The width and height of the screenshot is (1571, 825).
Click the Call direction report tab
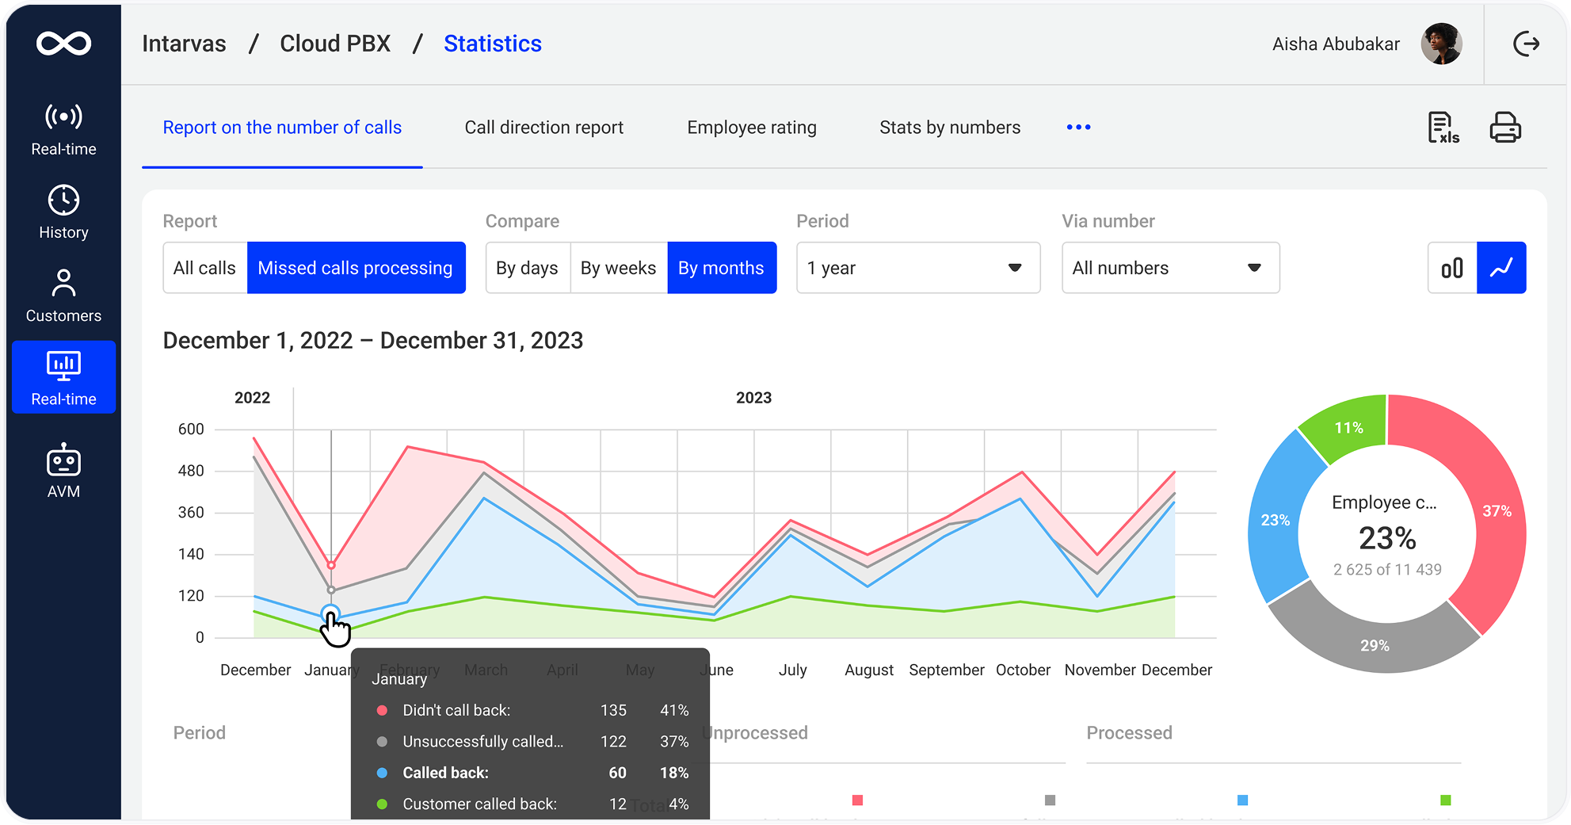[543, 128]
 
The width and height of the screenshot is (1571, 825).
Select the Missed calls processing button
[355, 268]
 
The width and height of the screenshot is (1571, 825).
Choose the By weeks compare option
[618, 268]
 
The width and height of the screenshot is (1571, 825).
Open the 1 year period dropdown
[917, 268]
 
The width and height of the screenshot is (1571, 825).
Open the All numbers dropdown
[1169, 268]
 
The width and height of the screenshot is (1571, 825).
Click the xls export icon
[1443, 128]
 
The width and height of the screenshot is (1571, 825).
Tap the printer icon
[1504, 128]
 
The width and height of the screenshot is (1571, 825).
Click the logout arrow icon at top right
[1526, 44]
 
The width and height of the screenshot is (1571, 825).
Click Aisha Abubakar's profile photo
[1441, 44]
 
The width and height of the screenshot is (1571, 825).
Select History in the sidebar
[63, 212]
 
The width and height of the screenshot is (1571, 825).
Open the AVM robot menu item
[63, 471]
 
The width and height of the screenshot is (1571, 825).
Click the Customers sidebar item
[63, 296]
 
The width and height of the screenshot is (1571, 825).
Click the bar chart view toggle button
[1452, 268]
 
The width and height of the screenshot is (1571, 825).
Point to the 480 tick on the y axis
[191, 471]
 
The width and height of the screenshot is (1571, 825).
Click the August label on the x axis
[868, 670]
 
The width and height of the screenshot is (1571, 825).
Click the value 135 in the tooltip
[613, 710]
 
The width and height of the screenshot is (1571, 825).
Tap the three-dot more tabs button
[1078, 128]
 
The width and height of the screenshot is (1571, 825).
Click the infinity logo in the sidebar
[63, 44]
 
